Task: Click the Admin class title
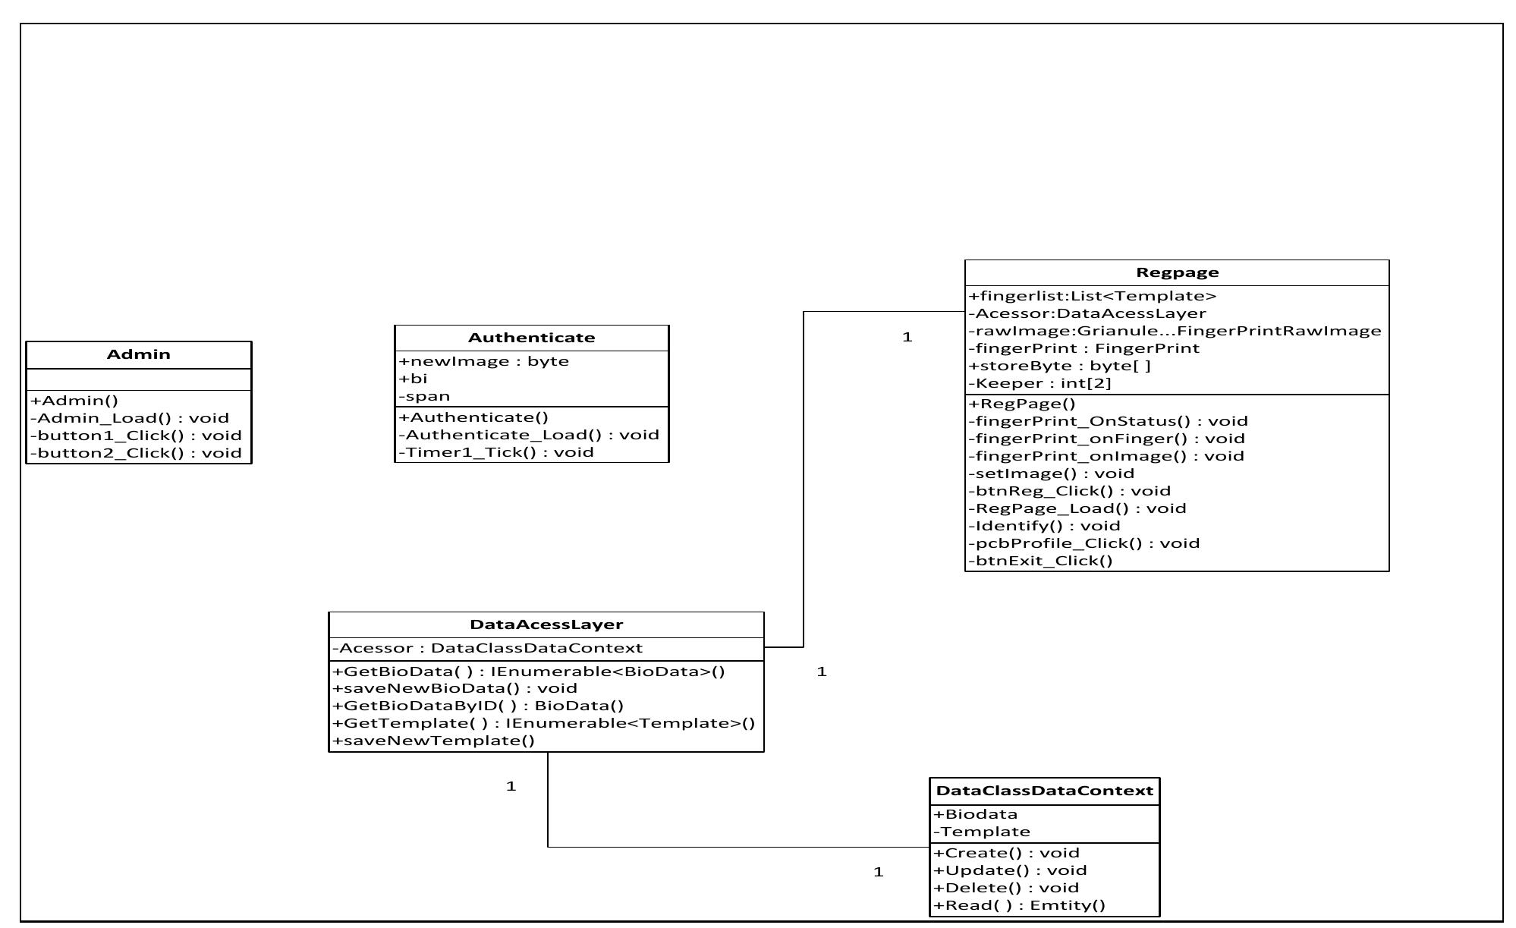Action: pos(138,354)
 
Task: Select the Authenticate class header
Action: pos(531,338)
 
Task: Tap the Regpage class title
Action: pos(1177,272)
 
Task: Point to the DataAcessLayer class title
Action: pos(546,624)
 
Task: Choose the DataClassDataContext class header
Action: pos(1044,791)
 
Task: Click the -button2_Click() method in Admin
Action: pos(136,453)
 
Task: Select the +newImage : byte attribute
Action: pos(484,361)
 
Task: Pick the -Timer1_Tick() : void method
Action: pos(496,452)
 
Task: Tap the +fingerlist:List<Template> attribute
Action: pos(1093,296)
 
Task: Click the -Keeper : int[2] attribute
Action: pos(1040,383)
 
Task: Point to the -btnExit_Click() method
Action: pos(1041,561)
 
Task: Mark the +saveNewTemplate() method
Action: pos(433,741)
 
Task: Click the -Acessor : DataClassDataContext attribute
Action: pos(488,648)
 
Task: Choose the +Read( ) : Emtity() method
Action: pos(1020,905)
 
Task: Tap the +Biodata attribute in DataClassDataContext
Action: pos(976,814)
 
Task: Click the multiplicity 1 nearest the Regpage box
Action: pos(907,337)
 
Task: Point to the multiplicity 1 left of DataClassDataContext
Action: pos(878,872)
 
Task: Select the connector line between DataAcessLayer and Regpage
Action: pos(804,478)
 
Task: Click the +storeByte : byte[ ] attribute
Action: pos(1060,366)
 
